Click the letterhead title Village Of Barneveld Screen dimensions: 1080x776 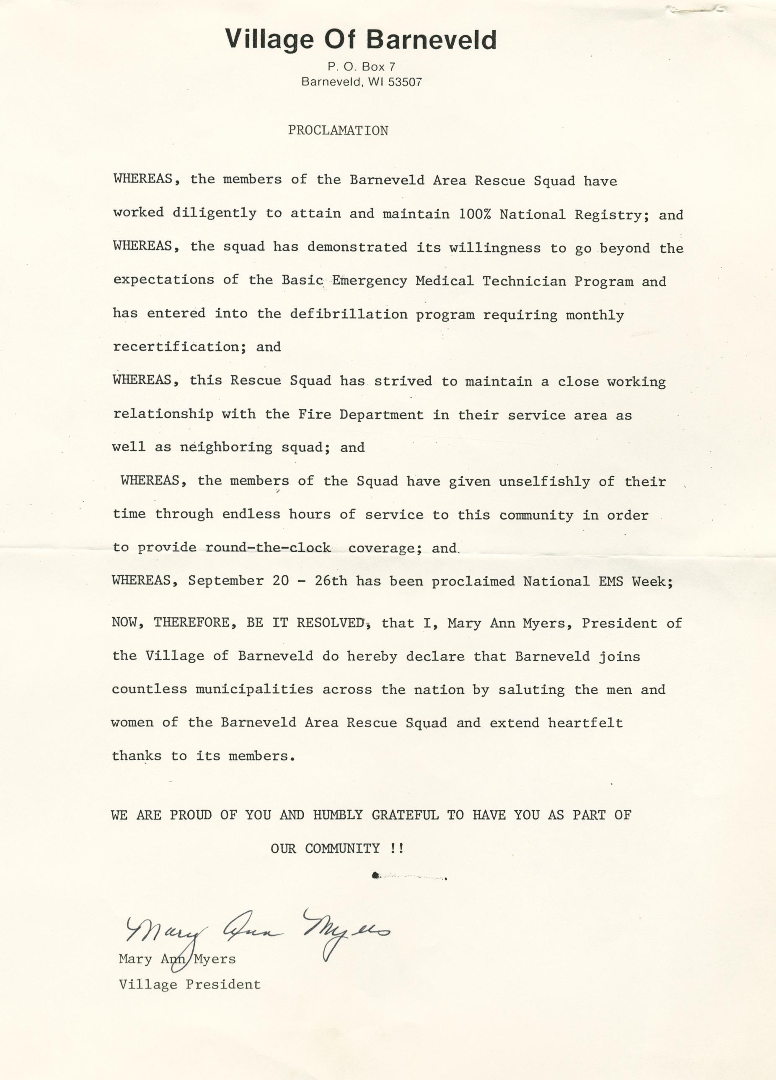[x=360, y=39]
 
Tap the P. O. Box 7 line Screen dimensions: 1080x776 [x=361, y=67]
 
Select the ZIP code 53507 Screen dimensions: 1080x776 [x=405, y=82]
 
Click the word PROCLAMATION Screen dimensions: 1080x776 [x=338, y=130]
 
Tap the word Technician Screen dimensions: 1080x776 [x=524, y=281]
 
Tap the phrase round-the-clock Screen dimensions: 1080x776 [x=268, y=548]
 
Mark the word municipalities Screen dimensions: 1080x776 [x=254, y=690]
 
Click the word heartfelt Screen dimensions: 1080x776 [x=585, y=723]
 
